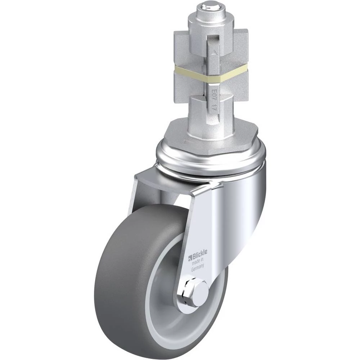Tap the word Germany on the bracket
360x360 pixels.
pos(197,268)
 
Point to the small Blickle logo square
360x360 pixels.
pos(190,258)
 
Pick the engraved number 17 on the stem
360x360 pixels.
pos(214,107)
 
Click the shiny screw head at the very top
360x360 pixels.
pos(211,6)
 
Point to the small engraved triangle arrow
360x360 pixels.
pos(214,52)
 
